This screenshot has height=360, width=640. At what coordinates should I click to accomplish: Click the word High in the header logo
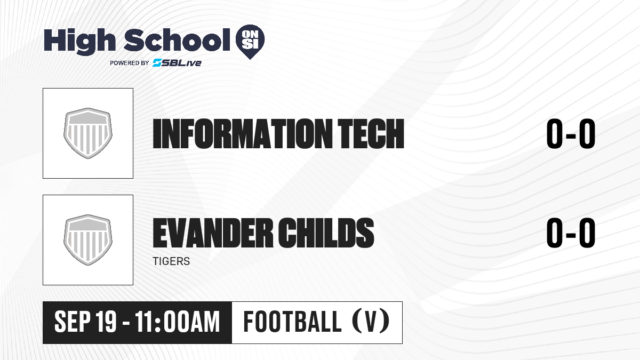[79, 42]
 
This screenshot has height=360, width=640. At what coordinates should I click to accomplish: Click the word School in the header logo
[177, 40]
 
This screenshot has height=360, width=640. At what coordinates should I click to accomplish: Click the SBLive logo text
[177, 63]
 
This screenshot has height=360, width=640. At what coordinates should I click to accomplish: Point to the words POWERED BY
[130, 63]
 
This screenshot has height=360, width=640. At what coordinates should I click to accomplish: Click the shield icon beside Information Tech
[88, 133]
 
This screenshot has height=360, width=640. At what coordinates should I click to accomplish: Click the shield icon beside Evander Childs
[88, 240]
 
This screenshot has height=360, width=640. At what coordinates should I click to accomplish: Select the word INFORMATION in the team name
[243, 134]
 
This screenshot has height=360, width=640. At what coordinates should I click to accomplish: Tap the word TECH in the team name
[371, 134]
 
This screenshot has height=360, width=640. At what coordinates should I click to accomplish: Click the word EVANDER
[212, 233]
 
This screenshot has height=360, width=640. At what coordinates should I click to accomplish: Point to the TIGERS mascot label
[171, 261]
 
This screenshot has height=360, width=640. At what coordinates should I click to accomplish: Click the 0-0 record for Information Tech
[571, 134]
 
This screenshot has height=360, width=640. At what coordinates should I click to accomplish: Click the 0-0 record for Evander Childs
[571, 233]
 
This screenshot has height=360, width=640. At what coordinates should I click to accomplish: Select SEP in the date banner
[73, 322]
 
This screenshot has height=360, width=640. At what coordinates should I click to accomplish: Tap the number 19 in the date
[106, 322]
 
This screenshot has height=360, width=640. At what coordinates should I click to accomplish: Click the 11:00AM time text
[178, 322]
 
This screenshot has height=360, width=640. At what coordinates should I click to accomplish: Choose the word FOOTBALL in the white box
[292, 322]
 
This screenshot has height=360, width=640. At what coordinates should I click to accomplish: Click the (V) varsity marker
[371, 321]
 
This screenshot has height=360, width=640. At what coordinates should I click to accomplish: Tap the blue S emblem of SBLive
[157, 63]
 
